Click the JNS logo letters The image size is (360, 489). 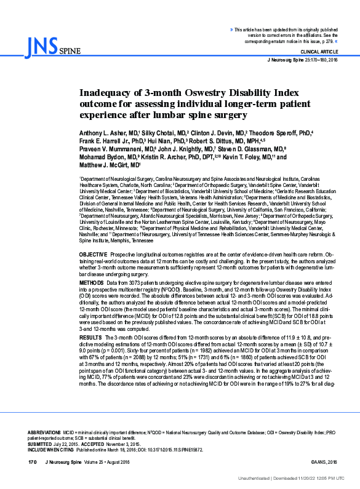coord(41,44)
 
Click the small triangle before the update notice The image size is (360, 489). coord(231,29)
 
